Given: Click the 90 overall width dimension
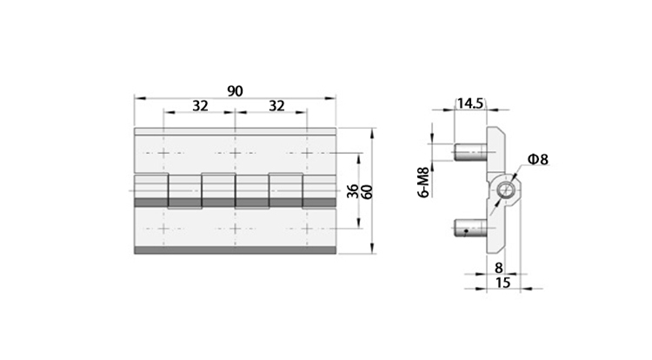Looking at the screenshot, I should pyautogui.click(x=235, y=90).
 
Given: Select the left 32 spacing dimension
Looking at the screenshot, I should pyautogui.click(x=200, y=106).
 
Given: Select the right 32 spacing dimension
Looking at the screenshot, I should pyautogui.click(x=276, y=106).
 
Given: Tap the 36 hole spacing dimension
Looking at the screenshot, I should pyautogui.click(x=353, y=191).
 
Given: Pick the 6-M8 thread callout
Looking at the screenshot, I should pyautogui.click(x=422, y=183).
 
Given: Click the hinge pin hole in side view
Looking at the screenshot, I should pyautogui.click(x=504, y=190).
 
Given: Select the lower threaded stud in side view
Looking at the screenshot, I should pyautogui.click(x=469, y=230).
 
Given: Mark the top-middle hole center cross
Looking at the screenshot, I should pyautogui.click(x=235, y=153).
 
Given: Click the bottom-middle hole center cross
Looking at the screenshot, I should pyautogui.click(x=235, y=230).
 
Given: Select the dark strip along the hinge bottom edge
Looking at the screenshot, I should pyautogui.click(x=235, y=250).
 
